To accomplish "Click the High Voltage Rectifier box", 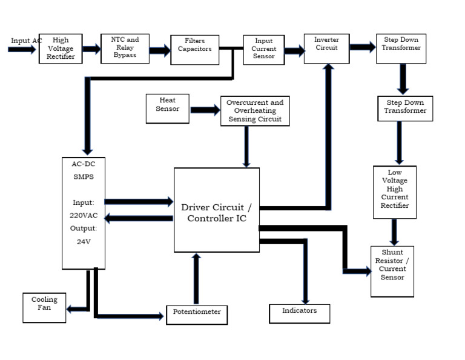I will (61, 48).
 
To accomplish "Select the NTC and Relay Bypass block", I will (125, 48).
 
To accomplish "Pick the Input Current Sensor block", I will (264, 49).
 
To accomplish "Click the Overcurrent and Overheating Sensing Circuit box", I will (255, 111).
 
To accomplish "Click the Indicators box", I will (300, 312).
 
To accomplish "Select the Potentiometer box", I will (197, 315).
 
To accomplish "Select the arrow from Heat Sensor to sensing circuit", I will (205, 110).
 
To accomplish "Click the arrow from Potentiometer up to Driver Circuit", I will (196, 279).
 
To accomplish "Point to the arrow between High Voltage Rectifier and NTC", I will (91, 49).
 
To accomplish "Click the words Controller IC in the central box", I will (217, 218).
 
